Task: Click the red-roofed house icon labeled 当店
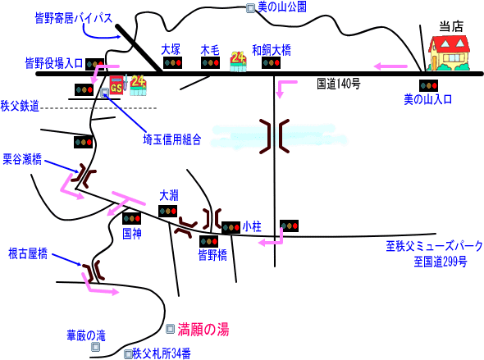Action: (449, 52)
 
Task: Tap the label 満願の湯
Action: (203, 329)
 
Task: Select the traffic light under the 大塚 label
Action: (172, 62)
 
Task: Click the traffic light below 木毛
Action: (210, 62)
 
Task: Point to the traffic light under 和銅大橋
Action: (271, 62)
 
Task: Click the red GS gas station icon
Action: (116, 85)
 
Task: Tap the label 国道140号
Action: (339, 84)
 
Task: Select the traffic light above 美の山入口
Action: (428, 85)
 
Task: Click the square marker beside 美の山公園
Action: (250, 8)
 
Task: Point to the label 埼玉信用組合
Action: (172, 139)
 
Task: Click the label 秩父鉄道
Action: (20, 106)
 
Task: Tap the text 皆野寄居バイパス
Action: (74, 18)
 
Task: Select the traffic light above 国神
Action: (132, 218)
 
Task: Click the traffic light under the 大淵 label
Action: (168, 211)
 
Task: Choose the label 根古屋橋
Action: (28, 254)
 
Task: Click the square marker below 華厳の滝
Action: (96, 347)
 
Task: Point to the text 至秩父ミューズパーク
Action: (434, 246)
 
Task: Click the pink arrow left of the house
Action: (390, 66)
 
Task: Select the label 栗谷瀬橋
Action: (22, 159)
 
